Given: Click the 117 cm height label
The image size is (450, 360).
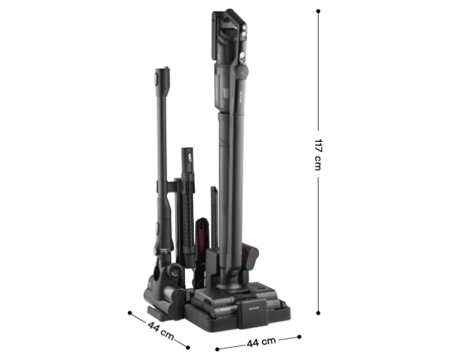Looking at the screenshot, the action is point(318,154).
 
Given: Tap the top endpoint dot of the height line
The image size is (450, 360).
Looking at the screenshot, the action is point(318,11).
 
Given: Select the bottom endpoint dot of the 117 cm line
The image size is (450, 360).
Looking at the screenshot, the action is point(318,313).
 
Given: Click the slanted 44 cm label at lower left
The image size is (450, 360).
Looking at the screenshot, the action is point(161,330).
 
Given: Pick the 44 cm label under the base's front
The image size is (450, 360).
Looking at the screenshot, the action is point(261,341).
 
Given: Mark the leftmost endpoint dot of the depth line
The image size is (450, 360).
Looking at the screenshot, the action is point(129,313).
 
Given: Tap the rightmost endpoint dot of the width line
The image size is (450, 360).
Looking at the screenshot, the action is point(299,336).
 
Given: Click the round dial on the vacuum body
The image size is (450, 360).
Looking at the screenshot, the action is point(241,72).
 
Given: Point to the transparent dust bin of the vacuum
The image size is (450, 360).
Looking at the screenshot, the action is point(223,89).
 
